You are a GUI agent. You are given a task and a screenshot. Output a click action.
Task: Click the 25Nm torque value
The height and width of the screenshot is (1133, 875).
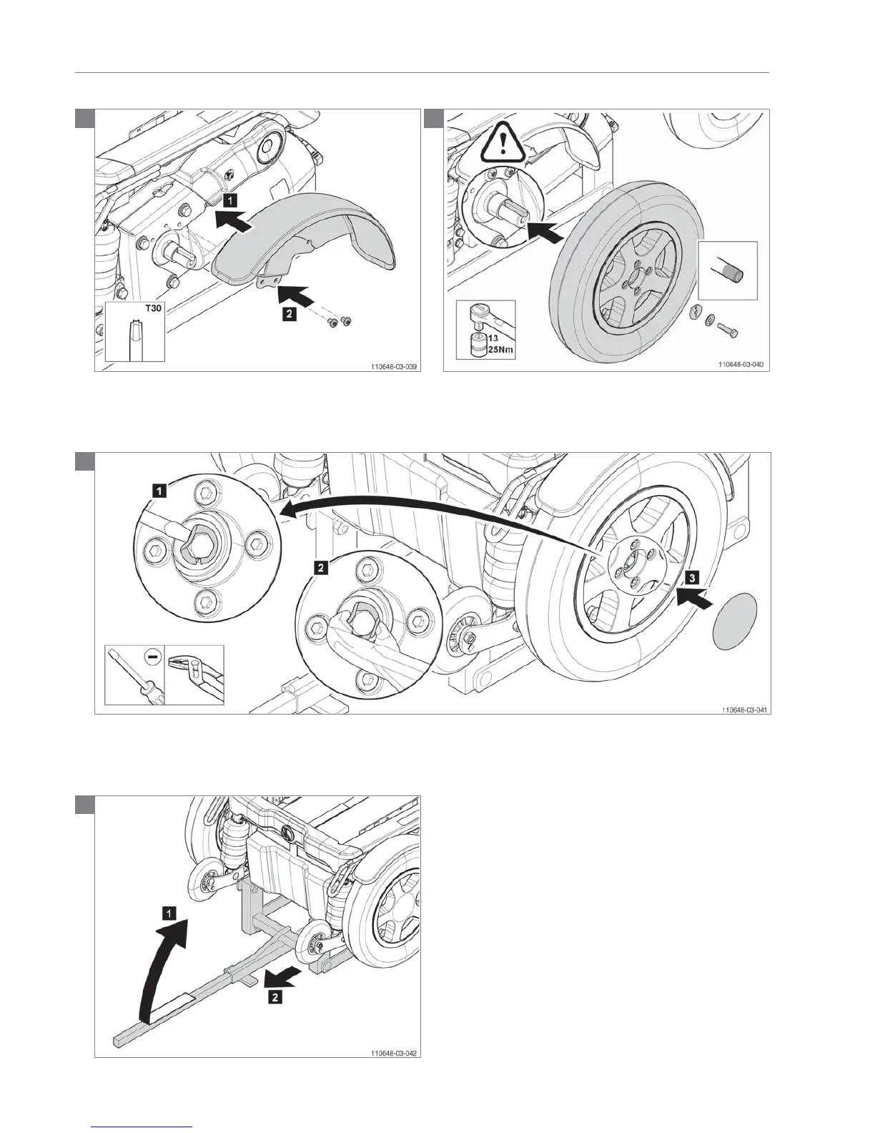click(x=491, y=350)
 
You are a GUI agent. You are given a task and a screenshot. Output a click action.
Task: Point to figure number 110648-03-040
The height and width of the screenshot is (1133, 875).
click(x=741, y=364)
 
